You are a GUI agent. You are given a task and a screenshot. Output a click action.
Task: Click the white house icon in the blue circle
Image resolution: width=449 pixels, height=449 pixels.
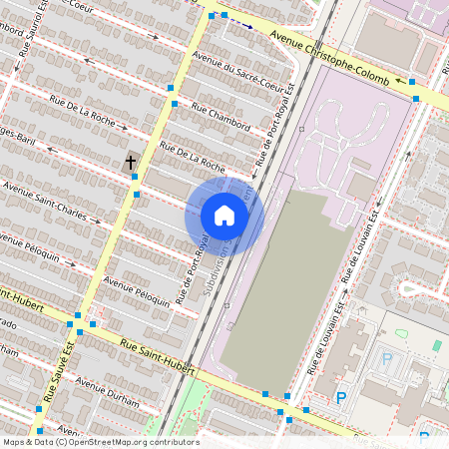pos(224,216)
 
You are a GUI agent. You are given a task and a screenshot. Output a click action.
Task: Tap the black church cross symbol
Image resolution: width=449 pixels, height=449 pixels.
pos(131,162)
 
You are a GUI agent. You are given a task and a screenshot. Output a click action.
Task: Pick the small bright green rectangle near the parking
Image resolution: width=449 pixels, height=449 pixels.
pos(436,345)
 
